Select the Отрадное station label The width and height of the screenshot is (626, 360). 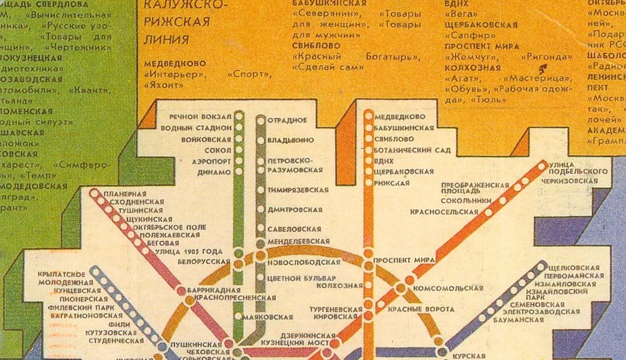point(287,121)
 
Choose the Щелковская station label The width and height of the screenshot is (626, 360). point(573,267)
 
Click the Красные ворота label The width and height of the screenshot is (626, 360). point(421,309)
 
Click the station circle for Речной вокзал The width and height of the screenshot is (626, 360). point(239,117)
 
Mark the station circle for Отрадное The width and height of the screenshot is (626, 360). point(260,121)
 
